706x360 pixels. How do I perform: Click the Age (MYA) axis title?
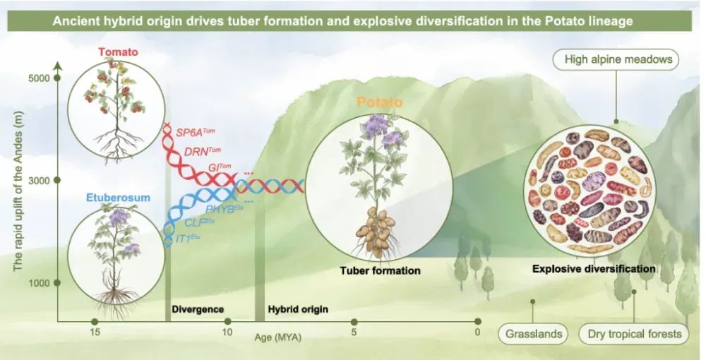point(278,337)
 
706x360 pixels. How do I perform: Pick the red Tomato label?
point(118,52)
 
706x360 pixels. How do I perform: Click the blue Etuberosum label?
point(119,198)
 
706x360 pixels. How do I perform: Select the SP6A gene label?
point(198,132)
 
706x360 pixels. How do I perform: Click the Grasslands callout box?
point(533,333)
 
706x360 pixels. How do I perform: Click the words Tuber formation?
point(380,270)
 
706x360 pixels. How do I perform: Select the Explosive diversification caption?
point(593,269)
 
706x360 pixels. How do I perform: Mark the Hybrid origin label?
point(298,309)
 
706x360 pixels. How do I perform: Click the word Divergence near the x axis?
point(198,309)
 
